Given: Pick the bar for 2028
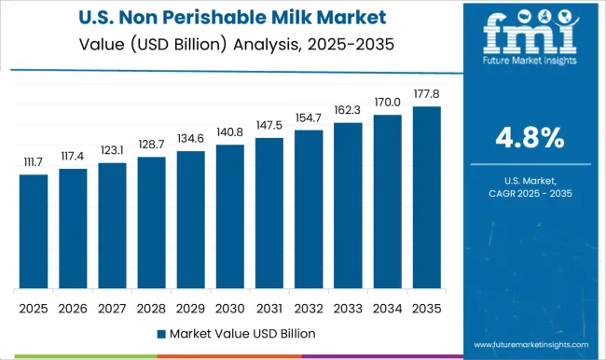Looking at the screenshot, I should pos(151,223).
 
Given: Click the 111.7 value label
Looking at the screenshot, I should pos(34,163).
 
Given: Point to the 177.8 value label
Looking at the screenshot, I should pos(425,95).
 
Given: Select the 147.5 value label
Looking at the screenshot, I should pos(269,126).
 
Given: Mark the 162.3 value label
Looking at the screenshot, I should pos(347,111).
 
